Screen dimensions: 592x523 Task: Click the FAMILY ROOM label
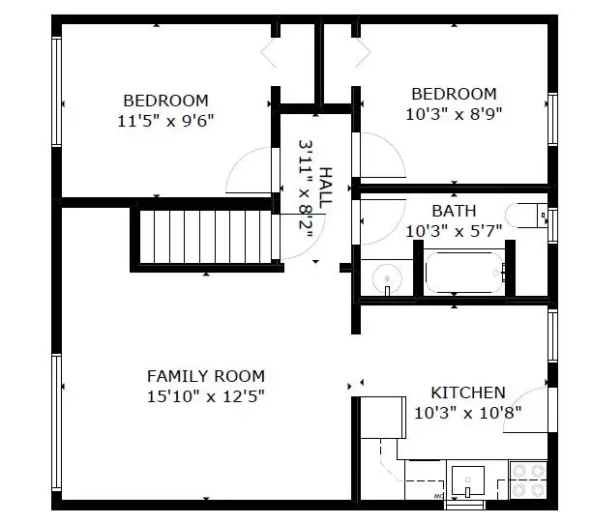(x=206, y=376)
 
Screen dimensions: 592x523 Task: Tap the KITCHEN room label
(x=468, y=392)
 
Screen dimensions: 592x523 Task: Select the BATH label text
(x=454, y=211)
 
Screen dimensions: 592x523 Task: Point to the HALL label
(x=325, y=188)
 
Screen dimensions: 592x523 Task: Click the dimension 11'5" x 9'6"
(x=165, y=121)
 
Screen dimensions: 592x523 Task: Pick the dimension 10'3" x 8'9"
(x=454, y=114)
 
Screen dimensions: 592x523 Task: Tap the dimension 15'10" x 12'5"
(x=206, y=396)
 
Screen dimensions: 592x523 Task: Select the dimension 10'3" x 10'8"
(x=468, y=413)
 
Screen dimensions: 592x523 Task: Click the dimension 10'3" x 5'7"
(x=454, y=231)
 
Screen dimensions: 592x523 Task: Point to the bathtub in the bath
(x=465, y=273)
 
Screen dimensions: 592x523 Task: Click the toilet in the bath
(x=526, y=216)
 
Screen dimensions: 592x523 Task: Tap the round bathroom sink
(x=387, y=278)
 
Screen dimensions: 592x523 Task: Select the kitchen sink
(x=468, y=480)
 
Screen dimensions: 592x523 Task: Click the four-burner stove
(x=528, y=480)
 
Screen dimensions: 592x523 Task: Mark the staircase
(x=205, y=237)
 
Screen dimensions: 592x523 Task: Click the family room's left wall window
(x=57, y=422)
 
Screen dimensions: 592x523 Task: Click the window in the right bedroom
(x=552, y=119)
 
